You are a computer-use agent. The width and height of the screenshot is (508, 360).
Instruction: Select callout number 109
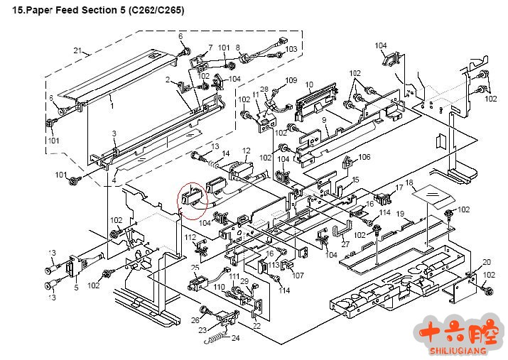click(291, 80)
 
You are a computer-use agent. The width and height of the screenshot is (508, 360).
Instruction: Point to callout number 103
click(291, 49)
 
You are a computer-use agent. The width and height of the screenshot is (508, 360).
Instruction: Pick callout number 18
click(409, 183)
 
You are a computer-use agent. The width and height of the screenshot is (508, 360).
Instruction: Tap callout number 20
click(487, 262)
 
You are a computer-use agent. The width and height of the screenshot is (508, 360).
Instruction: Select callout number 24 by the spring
click(236, 337)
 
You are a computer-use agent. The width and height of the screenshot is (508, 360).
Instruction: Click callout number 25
click(195, 268)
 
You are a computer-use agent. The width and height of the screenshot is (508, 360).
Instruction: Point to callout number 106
click(364, 157)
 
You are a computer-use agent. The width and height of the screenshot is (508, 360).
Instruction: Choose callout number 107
click(298, 275)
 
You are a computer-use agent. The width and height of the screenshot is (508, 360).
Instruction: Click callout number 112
click(190, 236)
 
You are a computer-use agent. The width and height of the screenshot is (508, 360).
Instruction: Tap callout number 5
click(76, 288)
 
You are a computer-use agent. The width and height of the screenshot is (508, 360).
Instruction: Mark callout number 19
click(400, 213)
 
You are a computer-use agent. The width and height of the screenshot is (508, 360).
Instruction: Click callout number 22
click(256, 326)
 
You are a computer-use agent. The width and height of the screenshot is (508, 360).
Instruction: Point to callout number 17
click(399, 187)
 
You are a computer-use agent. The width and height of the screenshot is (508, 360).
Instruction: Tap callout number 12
click(247, 151)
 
